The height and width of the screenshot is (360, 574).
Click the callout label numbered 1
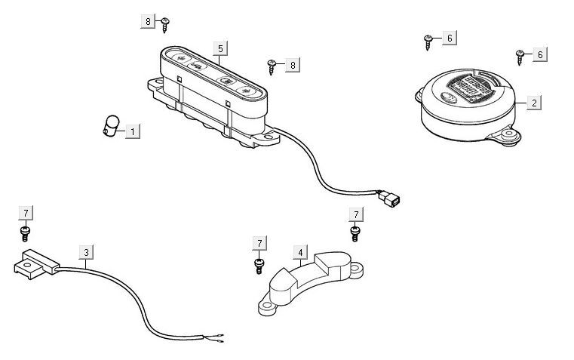[133, 131]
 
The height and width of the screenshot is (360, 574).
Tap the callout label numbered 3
[87, 251]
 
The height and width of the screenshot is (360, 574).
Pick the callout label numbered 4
[301, 251]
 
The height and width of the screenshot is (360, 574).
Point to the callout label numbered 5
[220, 48]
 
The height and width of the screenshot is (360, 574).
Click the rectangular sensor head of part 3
[35, 261]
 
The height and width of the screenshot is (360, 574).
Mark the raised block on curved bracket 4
[330, 265]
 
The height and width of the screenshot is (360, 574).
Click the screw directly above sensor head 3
[26, 232]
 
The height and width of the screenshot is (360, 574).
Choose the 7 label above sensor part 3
[26, 213]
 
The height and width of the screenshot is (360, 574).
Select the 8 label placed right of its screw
[293, 65]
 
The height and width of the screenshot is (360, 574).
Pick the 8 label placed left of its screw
[148, 21]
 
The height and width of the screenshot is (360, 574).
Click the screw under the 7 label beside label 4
[259, 263]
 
